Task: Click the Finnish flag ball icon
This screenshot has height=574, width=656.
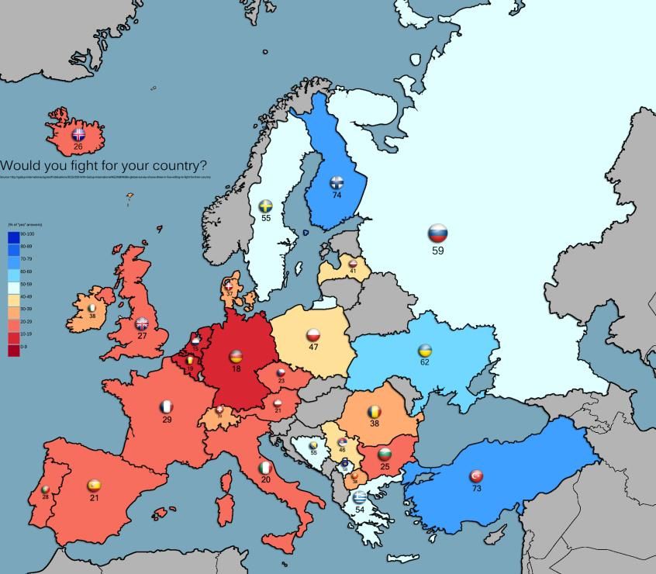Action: coord(337,183)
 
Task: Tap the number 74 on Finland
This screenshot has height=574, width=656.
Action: coord(337,195)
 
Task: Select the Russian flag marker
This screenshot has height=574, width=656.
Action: coord(438,233)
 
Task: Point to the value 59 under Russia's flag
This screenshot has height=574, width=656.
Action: coord(438,251)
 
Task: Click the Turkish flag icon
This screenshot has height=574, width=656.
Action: coord(476,476)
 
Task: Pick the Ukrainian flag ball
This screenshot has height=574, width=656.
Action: coord(425,351)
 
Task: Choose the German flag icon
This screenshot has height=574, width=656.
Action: coord(236,357)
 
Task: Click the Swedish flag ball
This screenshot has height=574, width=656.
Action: coord(265,206)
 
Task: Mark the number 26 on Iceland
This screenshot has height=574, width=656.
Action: coord(78,146)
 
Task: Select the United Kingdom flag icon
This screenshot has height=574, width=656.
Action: coord(142,324)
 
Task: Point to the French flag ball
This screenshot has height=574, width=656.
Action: coord(167,406)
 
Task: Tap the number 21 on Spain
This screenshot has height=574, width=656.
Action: coord(95,497)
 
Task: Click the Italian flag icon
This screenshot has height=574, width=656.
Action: coord(265,469)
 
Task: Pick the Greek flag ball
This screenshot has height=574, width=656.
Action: coord(358,497)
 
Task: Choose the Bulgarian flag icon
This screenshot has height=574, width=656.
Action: coord(385,454)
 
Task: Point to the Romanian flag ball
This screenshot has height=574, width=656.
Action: coord(375,412)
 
